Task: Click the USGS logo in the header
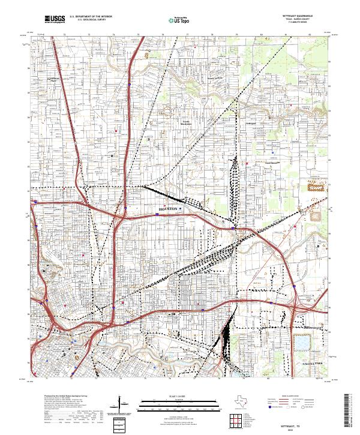55,19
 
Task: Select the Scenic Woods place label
215,79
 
